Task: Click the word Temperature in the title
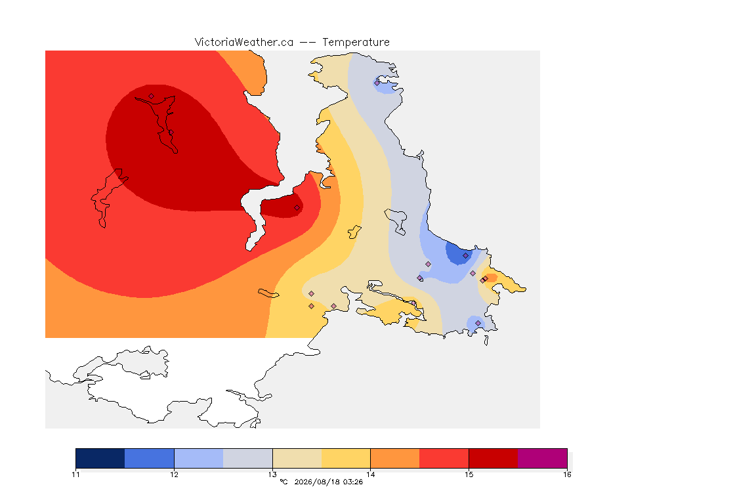coord(356,43)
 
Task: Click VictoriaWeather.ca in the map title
coord(244,43)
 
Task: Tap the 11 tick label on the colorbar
coord(75,474)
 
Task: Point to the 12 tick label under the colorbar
coord(174,474)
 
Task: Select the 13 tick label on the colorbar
coord(272,474)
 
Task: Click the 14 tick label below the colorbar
coord(370,474)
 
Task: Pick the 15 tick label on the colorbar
coord(469,474)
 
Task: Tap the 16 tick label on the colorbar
coord(567,474)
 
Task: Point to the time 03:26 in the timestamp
coord(353,482)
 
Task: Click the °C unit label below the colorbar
coord(283,482)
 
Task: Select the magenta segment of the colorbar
coord(543,458)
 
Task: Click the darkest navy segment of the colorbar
coord(100,458)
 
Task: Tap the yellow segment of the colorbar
coord(346,458)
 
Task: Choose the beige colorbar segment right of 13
coord(297,458)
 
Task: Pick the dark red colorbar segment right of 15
coord(493,458)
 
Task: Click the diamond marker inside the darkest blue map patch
coord(465,256)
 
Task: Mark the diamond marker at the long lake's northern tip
coord(152,96)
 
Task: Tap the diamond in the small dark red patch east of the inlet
coord(297,208)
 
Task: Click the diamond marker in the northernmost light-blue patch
coord(377,83)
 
